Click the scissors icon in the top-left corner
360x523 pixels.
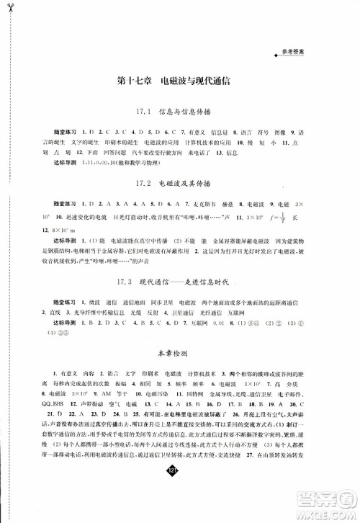point(9,9)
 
